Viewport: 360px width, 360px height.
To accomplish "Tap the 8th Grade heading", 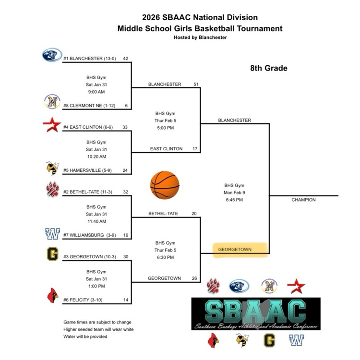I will (x=268, y=68).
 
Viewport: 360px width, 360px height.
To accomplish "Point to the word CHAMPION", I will (x=303, y=200).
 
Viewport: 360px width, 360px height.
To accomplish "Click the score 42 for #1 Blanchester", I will (x=126, y=59).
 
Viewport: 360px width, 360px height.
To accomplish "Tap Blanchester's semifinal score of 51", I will (x=196, y=84).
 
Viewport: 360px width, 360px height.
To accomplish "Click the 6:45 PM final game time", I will (x=234, y=200).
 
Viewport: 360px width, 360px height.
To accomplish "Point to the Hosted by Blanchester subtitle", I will (x=200, y=37).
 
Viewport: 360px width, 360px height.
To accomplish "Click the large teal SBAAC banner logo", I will (x=256, y=313).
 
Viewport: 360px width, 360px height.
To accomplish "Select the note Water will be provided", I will (x=85, y=336).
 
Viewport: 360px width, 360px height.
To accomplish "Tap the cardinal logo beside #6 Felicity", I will (x=52, y=296).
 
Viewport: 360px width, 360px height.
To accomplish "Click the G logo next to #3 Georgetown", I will (x=52, y=253).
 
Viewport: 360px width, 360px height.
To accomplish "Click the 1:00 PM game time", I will (x=96, y=287).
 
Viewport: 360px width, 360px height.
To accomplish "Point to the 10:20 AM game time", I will (x=96, y=156).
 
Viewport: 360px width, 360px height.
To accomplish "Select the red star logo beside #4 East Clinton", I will (x=52, y=125).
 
